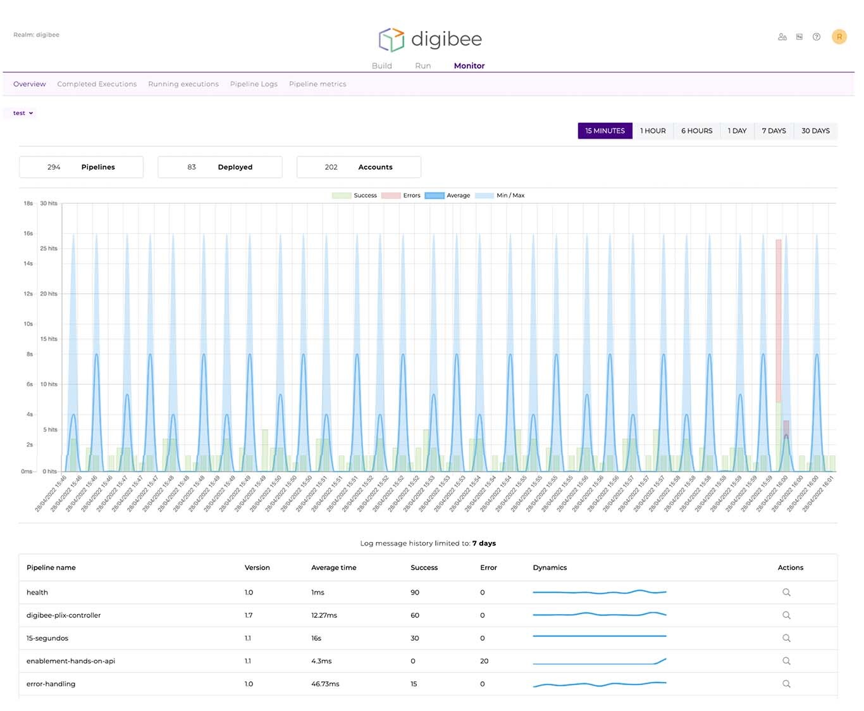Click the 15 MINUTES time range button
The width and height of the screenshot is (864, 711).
tap(605, 131)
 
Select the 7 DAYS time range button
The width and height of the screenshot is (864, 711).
tap(774, 131)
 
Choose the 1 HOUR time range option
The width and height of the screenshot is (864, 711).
tap(653, 131)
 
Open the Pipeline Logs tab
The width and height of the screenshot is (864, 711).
tap(254, 84)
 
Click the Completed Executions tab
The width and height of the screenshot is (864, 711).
tap(97, 84)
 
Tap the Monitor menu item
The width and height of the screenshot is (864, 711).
tap(469, 66)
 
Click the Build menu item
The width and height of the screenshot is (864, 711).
tap(381, 66)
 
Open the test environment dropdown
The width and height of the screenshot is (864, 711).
tap(23, 113)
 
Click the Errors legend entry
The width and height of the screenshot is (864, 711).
tap(401, 196)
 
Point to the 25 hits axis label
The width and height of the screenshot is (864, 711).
tap(49, 249)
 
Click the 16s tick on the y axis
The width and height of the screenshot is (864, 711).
tap(28, 234)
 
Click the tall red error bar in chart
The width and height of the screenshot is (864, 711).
tap(779, 317)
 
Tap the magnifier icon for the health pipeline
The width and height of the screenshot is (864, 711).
tap(786, 593)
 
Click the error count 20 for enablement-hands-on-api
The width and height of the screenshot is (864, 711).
tap(484, 661)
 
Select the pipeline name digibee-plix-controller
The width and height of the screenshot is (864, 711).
tap(63, 615)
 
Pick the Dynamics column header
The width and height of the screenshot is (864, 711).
tap(550, 568)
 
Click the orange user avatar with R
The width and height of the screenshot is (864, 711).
tap(839, 37)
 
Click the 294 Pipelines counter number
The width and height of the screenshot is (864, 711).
tap(54, 167)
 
